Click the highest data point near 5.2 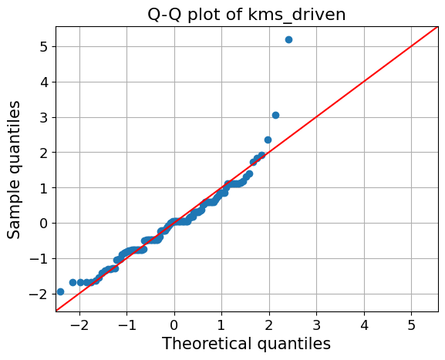(288, 39)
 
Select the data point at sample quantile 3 (275, 115)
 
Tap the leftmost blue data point (60, 291)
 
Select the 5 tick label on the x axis (412, 321)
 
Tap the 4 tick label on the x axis (364, 321)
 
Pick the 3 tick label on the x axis (316, 321)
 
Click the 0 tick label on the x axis (174, 321)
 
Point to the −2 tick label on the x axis (76, 321)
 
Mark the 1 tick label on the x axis (221, 321)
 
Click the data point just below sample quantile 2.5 (268, 140)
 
